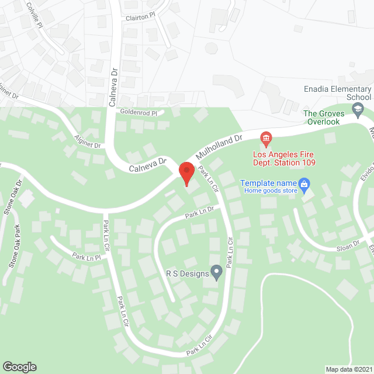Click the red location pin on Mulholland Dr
pyautogui.click(x=186, y=172)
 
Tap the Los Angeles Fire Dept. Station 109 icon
pyautogui.click(x=266, y=139)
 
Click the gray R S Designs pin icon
pyautogui.click(x=216, y=272)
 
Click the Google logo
pyautogui.click(x=19, y=366)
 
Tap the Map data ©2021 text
pyautogui.click(x=348, y=369)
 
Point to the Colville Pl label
pyautogui.click(x=34, y=15)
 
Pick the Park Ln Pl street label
pyautogui.click(x=86, y=257)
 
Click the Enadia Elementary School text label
pyautogui.click(x=338, y=93)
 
